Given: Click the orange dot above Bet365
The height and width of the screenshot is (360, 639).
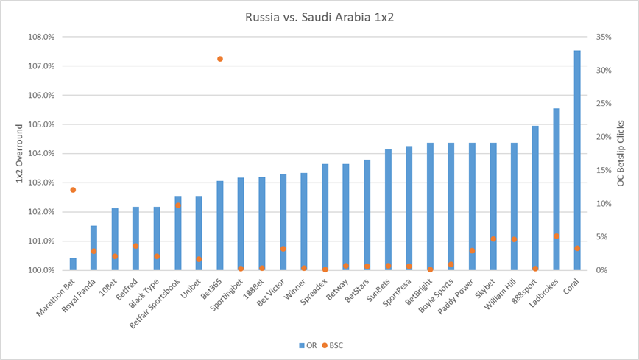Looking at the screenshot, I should [x=220, y=59].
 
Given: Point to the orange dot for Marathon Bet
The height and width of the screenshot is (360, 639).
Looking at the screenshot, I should [x=73, y=190].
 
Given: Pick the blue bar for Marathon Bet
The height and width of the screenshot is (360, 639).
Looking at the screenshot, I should [x=73, y=264].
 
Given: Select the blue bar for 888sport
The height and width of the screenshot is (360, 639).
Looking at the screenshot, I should [x=535, y=198].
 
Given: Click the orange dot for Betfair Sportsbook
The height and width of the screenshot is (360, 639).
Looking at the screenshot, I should [x=178, y=205].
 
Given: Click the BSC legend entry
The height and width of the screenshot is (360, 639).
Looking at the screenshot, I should [x=335, y=344].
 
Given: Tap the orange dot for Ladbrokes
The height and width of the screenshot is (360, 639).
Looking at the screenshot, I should [x=557, y=236].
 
